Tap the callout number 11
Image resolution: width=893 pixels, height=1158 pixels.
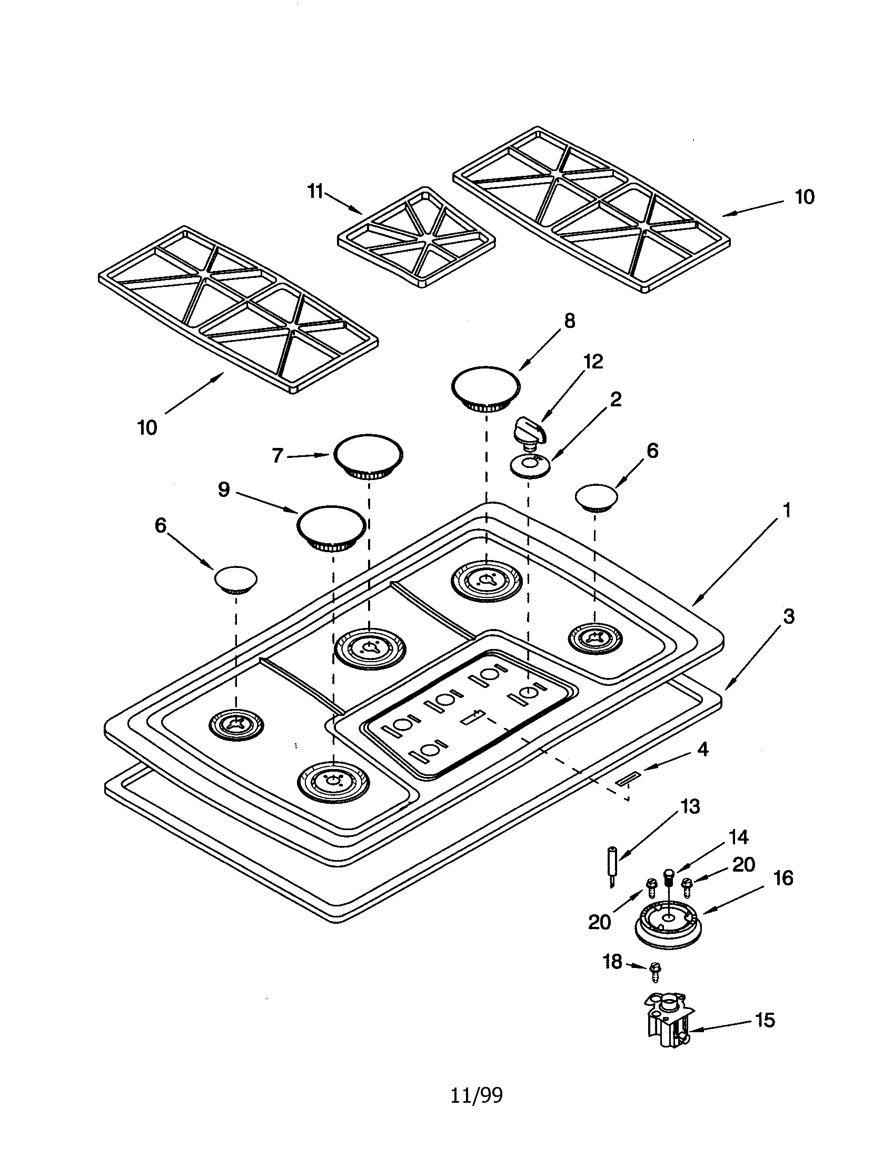(316, 192)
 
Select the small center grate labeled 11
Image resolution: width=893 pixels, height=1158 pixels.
(417, 237)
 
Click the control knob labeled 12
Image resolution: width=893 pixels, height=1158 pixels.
(529, 433)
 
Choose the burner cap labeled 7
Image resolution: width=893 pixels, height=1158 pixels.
(368, 456)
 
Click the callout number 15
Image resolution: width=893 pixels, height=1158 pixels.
(765, 1020)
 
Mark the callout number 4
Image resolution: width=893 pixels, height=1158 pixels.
(702, 749)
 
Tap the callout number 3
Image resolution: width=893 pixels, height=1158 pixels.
(789, 617)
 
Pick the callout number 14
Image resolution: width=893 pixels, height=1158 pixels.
(738, 837)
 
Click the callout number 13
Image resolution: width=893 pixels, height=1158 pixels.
(690, 806)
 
